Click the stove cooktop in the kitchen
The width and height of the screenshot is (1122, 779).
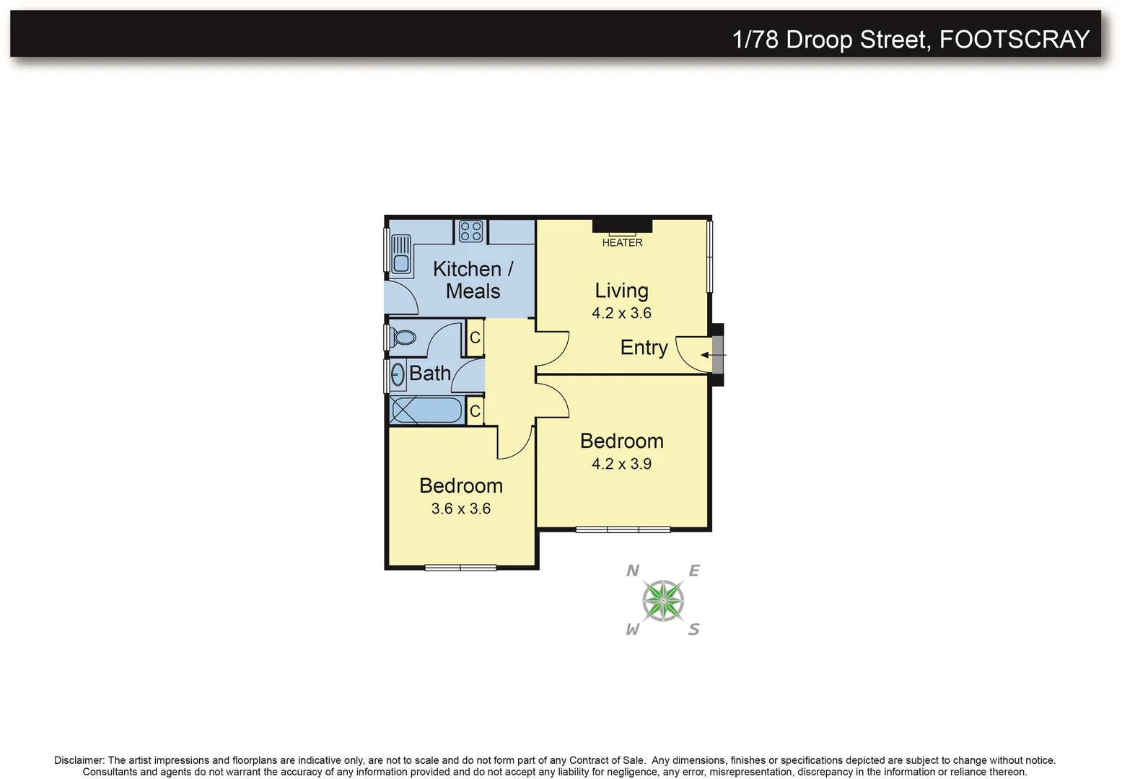pyautogui.click(x=470, y=232)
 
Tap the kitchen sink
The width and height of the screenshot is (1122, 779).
pyautogui.click(x=400, y=255)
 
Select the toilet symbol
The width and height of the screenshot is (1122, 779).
pyautogui.click(x=403, y=338)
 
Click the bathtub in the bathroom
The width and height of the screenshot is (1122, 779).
pyautogui.click(x=426, y=410)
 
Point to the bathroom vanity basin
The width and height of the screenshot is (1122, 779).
pyautogui.click(x=398, y=374)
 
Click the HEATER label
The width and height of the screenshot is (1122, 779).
pyautogui.click(x=622, y=243)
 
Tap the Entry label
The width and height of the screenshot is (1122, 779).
pyautogui.click(x=644, y=348)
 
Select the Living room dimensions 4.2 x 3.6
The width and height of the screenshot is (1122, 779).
pyautogui.click(x=621, y=313)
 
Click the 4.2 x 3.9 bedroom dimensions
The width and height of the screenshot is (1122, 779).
pyautogui.click(x=621, y=464)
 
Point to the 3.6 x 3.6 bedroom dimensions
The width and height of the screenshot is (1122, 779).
pyautogui.click(x=460, y=509)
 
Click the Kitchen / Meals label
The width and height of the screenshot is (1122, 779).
pyautogui.click(x=473, y=280)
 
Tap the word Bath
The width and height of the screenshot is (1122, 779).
pyautogui.click(x=429, y=374)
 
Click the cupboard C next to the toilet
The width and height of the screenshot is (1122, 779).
pyautogui.click(x=475, y=338)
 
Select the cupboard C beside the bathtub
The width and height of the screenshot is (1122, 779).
pyautogui.click(x=475, y=411)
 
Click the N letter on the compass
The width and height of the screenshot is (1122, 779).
pyautogui.click(x=633, y=571)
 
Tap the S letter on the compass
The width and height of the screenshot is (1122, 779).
pyautogui.click(x=693, y=630)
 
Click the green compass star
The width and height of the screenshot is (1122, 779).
pyautogui.click(x=663, y=600)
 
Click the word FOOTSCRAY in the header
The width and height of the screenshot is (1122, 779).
pyautogui.click(x=1014, y=39)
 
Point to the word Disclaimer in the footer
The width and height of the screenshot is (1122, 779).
pyautogui.click(x=79, y=760)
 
